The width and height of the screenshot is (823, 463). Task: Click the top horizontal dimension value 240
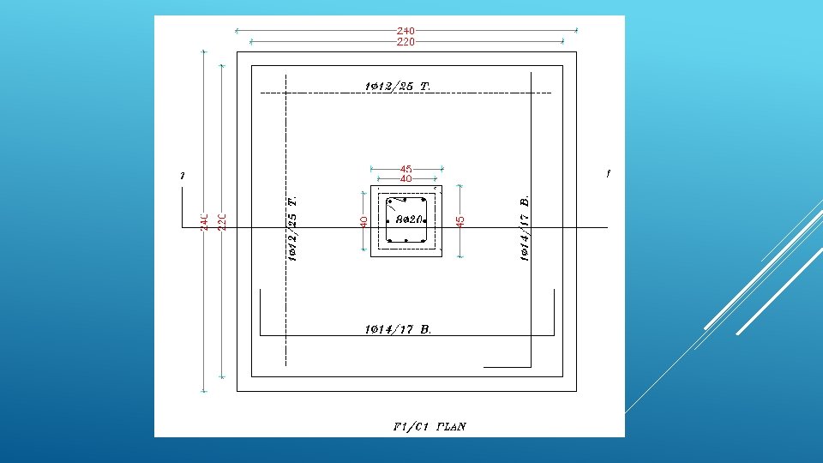tap(405, 31)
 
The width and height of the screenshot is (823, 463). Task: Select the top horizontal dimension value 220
tap(405, 41)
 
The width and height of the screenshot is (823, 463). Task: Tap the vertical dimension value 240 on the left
tap(204, 222)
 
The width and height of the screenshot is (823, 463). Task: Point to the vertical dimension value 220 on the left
tap(221, 222)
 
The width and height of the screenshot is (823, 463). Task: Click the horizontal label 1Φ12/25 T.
tap(397, 86)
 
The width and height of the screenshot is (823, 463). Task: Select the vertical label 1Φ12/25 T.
tap(292, 227)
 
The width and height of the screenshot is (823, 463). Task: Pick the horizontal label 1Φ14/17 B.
tap(398, 328)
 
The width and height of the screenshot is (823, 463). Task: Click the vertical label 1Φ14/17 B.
tap(525, 227)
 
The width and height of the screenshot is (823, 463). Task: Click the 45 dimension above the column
tap(405, 169)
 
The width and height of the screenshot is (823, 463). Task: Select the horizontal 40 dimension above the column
tap(405, 179)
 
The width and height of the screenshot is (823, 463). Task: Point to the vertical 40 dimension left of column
tap(364, 221)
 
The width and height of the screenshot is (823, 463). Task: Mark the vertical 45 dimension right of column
tap(460, 221)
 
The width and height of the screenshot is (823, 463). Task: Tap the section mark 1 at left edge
tap(183, 176)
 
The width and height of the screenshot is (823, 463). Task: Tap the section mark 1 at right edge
tap(608, 174)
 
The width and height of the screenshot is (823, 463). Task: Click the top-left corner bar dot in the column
tap(389, 201)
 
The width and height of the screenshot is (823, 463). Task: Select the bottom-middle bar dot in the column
tap(407, 241)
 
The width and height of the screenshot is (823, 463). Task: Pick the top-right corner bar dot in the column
tap(424, 201)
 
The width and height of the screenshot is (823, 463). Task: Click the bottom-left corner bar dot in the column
tap(389, 241)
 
